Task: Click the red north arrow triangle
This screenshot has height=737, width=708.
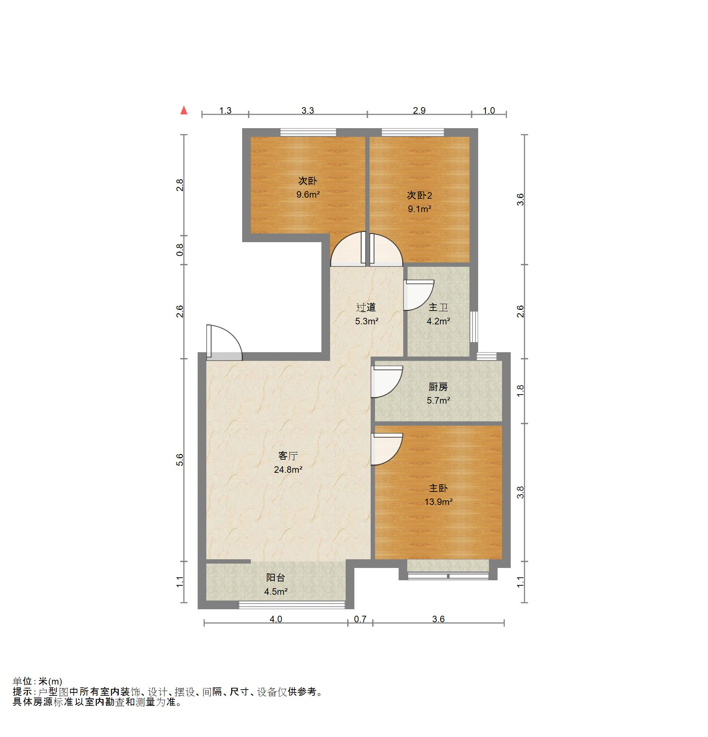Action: (184, 110)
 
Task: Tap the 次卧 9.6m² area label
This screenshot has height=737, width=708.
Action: (308, 188)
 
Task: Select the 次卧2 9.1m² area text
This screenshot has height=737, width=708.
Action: (419, 202)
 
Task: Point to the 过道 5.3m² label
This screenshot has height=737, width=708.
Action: (366, 314)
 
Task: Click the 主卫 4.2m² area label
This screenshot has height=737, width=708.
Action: (438, 314)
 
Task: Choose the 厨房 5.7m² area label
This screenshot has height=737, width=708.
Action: (438, 393)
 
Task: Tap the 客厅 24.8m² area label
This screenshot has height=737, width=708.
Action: (288, 463)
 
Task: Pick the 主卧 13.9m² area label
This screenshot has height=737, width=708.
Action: (438, 495)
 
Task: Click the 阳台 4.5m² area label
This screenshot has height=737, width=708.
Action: (275, 585)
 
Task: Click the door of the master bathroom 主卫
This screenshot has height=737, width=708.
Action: (418, 295)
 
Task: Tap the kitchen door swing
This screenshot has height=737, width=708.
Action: (387, 382)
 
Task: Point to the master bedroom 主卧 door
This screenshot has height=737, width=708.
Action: (387, 449)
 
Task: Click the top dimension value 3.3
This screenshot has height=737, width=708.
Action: (308, 110)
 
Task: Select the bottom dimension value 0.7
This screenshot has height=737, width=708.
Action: (360, 619)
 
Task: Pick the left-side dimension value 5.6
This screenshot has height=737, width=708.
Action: (180, 460)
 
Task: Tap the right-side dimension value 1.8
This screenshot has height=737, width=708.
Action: (521, 391)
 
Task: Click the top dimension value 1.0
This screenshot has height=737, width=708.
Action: (489, 110)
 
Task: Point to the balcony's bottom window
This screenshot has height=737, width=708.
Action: (292, 605)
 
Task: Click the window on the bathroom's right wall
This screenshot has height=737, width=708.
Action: (474, 327)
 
